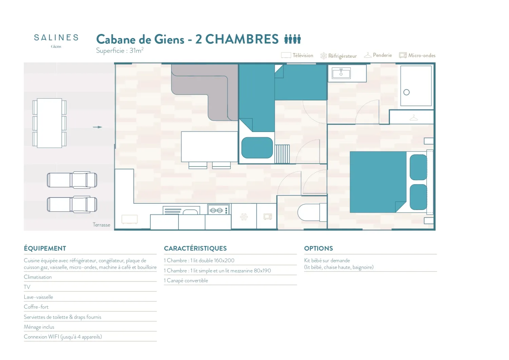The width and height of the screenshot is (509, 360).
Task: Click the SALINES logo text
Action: point(56,38)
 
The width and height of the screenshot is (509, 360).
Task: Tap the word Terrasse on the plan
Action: point(101,225)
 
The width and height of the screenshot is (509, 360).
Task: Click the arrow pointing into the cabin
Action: point(97,127)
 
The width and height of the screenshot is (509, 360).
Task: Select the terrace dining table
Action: point(50,123)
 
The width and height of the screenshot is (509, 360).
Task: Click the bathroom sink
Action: point(341,73)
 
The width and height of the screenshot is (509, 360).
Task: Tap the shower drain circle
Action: point(406,92)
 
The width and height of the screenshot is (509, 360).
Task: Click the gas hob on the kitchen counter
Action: point(219,210)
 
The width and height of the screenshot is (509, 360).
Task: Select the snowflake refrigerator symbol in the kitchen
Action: point(244,217)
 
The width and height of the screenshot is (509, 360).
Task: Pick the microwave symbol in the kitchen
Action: point(268,216)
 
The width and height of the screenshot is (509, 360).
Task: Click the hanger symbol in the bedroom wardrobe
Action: point(414,118)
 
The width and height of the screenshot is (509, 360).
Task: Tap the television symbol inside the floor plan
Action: point(130,219)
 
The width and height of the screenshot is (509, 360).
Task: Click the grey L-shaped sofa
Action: point(205,92)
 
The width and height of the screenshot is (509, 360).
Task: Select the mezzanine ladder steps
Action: point(282,154)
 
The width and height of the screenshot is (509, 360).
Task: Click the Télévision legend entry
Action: point(297,55)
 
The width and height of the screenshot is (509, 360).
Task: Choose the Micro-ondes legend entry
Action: point(417,55)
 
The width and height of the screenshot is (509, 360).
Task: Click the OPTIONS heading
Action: point(318,248)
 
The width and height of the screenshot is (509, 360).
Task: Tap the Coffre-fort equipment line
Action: point(36,307)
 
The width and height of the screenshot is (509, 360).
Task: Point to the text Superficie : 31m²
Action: point(120,50)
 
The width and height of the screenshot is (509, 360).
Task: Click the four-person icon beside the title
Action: point(293,39)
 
